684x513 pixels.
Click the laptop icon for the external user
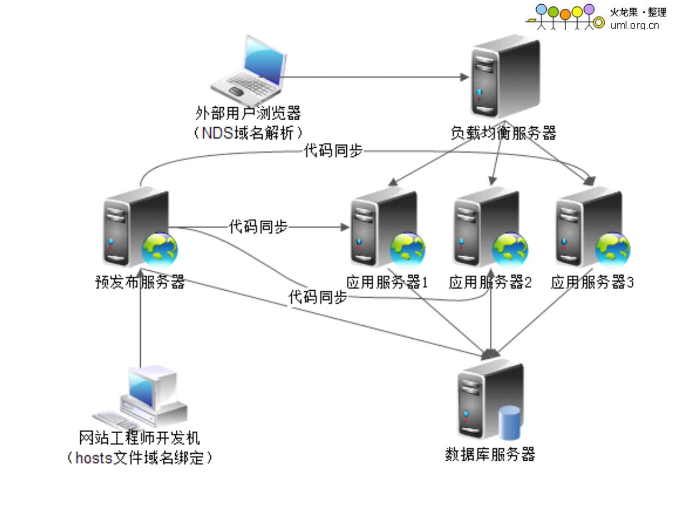pos(249,70)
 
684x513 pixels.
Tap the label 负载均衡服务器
pos(503,133)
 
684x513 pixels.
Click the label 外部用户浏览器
pos(248,114)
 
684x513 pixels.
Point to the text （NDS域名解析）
pos(247,133)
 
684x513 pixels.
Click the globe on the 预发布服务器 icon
pos(160,249)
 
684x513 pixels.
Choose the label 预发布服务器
pos(140,282)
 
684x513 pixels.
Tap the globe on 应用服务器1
pos(408,249)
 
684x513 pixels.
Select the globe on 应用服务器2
pos(510,249)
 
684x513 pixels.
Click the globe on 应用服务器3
pos(613,249)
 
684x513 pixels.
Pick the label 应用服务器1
pos(387,283)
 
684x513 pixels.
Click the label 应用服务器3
pos(592,283)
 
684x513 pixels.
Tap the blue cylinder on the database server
pos(510,422)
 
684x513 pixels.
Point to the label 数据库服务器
pos(490,455)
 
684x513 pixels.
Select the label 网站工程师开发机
pos(139,438)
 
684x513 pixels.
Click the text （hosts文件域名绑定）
pos(139,458)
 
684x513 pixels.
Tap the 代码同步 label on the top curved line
pos(333,151)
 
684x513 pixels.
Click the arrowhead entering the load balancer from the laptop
pos(465,77)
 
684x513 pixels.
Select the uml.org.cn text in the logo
pos(635,25)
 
